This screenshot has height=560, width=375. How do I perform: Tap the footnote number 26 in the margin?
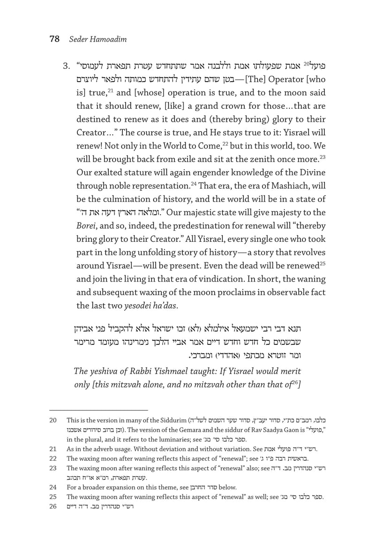(x=53, y=507)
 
